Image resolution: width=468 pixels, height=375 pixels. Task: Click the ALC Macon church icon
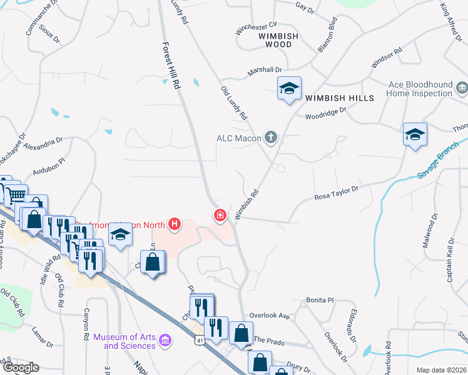point(271,137)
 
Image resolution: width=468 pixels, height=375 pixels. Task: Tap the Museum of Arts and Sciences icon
point(165,341)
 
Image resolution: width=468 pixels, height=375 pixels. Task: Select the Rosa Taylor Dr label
point(336,191)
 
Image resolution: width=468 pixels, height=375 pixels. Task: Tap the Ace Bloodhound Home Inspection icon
point(462,89)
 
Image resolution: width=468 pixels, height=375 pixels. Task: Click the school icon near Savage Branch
point(415,134)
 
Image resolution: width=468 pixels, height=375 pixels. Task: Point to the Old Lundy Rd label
point(234,103)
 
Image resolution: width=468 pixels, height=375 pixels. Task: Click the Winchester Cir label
point(255,27)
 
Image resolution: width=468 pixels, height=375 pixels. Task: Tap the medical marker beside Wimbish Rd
point(220,216)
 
